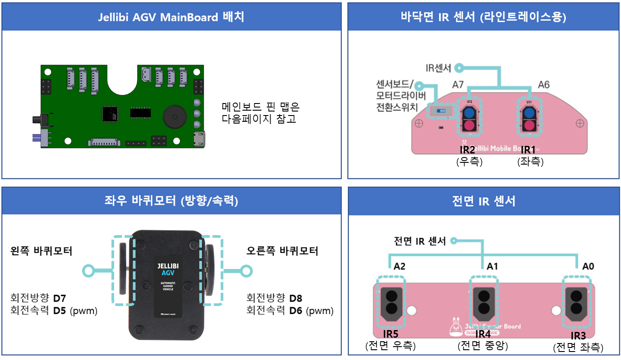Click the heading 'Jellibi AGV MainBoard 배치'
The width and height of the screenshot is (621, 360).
[x=171, y=17]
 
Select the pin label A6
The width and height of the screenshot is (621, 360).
[x=544, y=84]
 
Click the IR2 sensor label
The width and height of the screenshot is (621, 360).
[x=469, y=150]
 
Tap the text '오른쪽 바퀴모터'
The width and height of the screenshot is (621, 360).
[x=282, y=251]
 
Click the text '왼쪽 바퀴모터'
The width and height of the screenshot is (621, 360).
[x=41, y=251]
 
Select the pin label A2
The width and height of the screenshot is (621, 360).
[x=399, y=266]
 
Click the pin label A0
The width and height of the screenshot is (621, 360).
[x=588, y=266]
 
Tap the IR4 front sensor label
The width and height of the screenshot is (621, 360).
[x=483, y=334]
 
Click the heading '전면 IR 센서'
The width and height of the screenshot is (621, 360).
[x=483, y=201]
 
